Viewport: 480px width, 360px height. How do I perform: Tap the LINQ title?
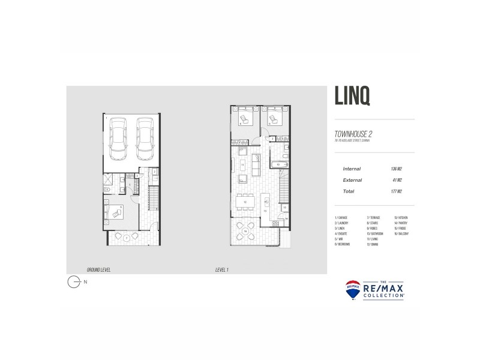[x=352, y=97]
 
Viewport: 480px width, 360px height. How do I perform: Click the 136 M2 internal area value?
[x=395, y=169]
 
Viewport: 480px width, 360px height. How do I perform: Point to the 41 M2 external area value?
[x=396, y=180]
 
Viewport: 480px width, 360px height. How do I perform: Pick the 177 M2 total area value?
[x=395, y=191]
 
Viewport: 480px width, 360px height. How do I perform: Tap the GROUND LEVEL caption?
[x=98, y=271]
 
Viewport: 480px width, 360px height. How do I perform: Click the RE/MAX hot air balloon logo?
[x=353, y=289]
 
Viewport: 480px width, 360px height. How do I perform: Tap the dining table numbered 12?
[x=246, y=203]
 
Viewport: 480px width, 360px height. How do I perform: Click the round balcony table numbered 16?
[x=245, y=231]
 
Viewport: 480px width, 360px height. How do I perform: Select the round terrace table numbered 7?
[x=127, y=238]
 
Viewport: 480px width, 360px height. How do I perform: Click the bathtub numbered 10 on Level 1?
[x=279, y=164]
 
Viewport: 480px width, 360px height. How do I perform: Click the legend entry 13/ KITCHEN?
[x=401, y=217]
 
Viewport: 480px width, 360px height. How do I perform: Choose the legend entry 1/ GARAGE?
[x=341, y=217]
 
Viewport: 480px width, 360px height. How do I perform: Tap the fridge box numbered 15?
[x=285, y=208]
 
